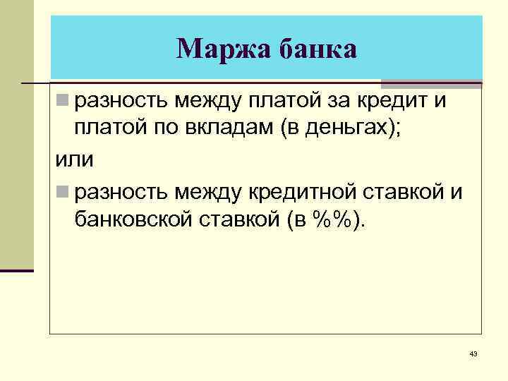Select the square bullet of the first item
pyautogui.click(x=64, y=100)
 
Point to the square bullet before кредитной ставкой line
pyautogui.click(x=64, y=191)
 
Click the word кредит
pyautogui.click(x=392, y=101)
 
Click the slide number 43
pyautogui.click(x=473, y=353)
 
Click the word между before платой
pyautogui.click(x=207, y=101)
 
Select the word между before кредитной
pyautogui.click(x=207, y=192)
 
